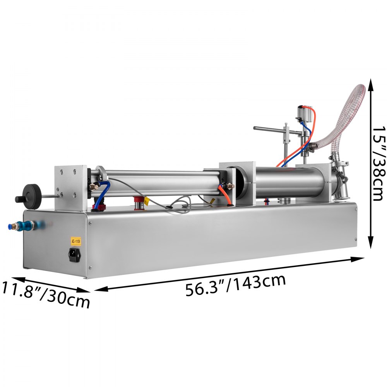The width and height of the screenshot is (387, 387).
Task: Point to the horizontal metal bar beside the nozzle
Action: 271,129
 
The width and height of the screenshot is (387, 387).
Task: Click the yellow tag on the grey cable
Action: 147,201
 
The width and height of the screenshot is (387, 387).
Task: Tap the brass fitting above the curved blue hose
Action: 93,187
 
